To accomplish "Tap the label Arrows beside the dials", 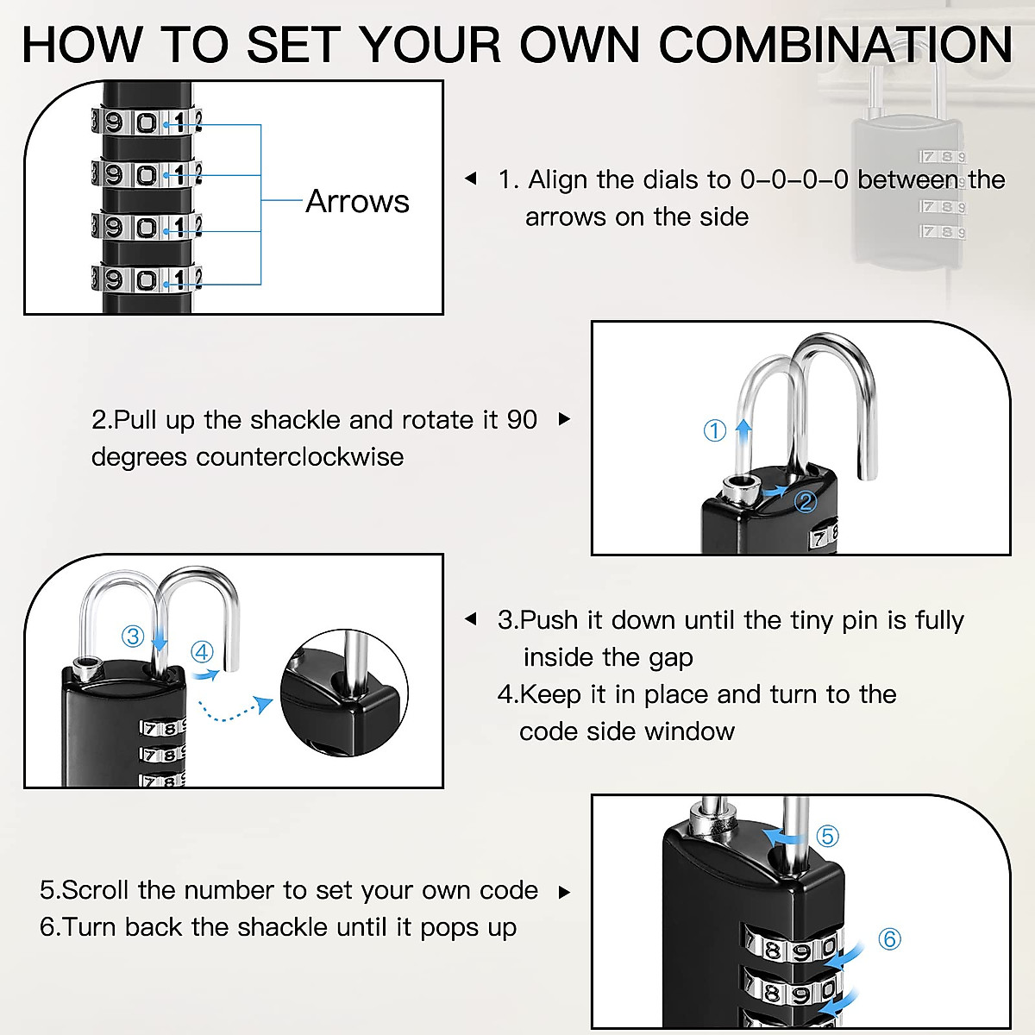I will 357,201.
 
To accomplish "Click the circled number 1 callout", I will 715,430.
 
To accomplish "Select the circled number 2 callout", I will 806,502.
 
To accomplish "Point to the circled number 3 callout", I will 133,637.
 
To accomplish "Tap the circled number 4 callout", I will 202,652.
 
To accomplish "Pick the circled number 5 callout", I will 827,836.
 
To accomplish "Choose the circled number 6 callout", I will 889,938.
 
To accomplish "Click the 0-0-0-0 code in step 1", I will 793,179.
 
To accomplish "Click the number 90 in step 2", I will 522,420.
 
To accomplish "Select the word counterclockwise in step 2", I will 299,457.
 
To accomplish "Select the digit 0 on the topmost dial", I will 147,122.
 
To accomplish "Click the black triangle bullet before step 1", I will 470,179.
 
